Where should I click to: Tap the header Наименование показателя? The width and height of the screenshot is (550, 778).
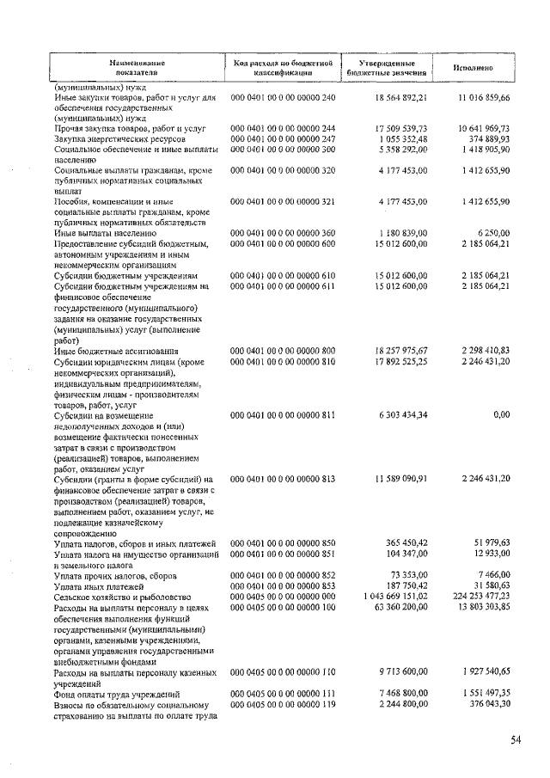click(x=137, y=68)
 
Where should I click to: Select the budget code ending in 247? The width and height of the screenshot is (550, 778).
click(x=283, y=138)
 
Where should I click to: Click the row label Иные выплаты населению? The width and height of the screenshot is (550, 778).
click(x=105, y=233)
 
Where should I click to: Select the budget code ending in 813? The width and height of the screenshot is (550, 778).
click(x=283, y=479)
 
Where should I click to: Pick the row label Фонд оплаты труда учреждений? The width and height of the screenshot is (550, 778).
click(x=116, y=693)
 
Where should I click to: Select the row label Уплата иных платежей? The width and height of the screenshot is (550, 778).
click(x=102, y=585)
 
